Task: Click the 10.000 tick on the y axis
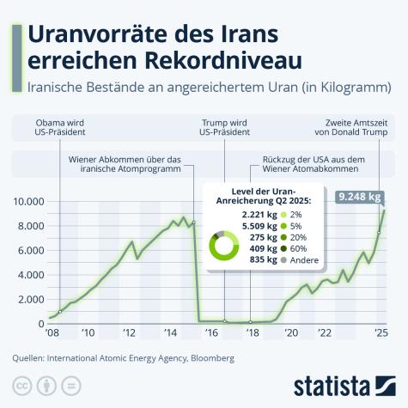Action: (x=28, y=201)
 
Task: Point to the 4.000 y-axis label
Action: (x=31, y=274)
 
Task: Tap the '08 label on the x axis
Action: (x=53, y=332)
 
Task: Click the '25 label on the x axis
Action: (x=379, y=332)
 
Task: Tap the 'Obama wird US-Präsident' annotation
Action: (x=59, y=127)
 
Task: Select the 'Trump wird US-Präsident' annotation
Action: (x=224, y=127)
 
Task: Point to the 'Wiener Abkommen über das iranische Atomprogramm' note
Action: (x=125, y=163)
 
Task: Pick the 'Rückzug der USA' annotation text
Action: (x=314, y=163)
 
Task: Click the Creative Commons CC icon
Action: (x=22, y=384)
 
